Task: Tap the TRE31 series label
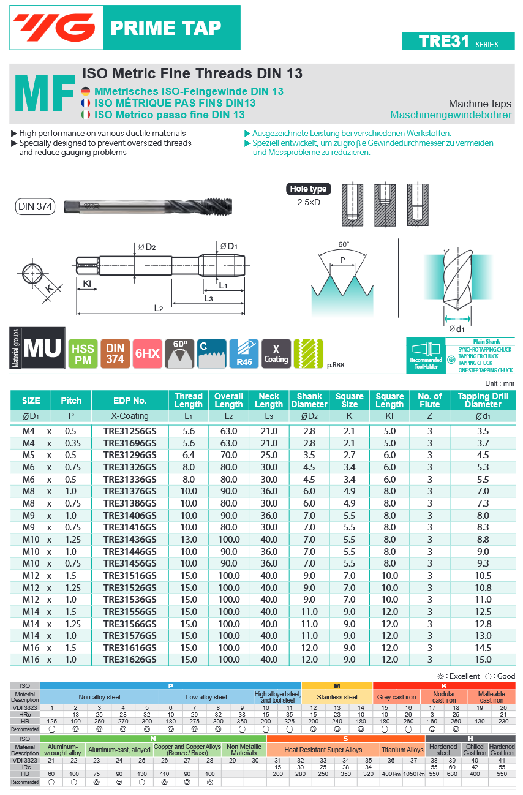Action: [x=457, y=41]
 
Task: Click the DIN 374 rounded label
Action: [x=35, y=206]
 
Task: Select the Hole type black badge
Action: [x=309, y=189]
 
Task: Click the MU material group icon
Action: [x=42, y=349]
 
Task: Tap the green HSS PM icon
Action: [x=83, y=354]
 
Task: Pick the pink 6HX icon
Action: [x=147, y=354]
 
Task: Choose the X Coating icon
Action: [x=276, y=354]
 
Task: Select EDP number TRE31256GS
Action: [x=130, y=431]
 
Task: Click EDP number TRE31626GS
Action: [x=130, y=660]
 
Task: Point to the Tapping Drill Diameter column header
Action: [x=483, y=401]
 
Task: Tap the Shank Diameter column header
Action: [x=309, y=401]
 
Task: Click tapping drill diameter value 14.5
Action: [x=483, y=647]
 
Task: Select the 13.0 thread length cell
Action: [x=189, y=540]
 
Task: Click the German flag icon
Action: [x=86, y=91]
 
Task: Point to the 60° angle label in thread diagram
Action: [x=344, y=244]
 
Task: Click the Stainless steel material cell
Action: [x=337, y=697]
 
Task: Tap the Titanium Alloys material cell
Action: [x=402, y=750]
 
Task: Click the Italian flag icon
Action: [x=86, y=115]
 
